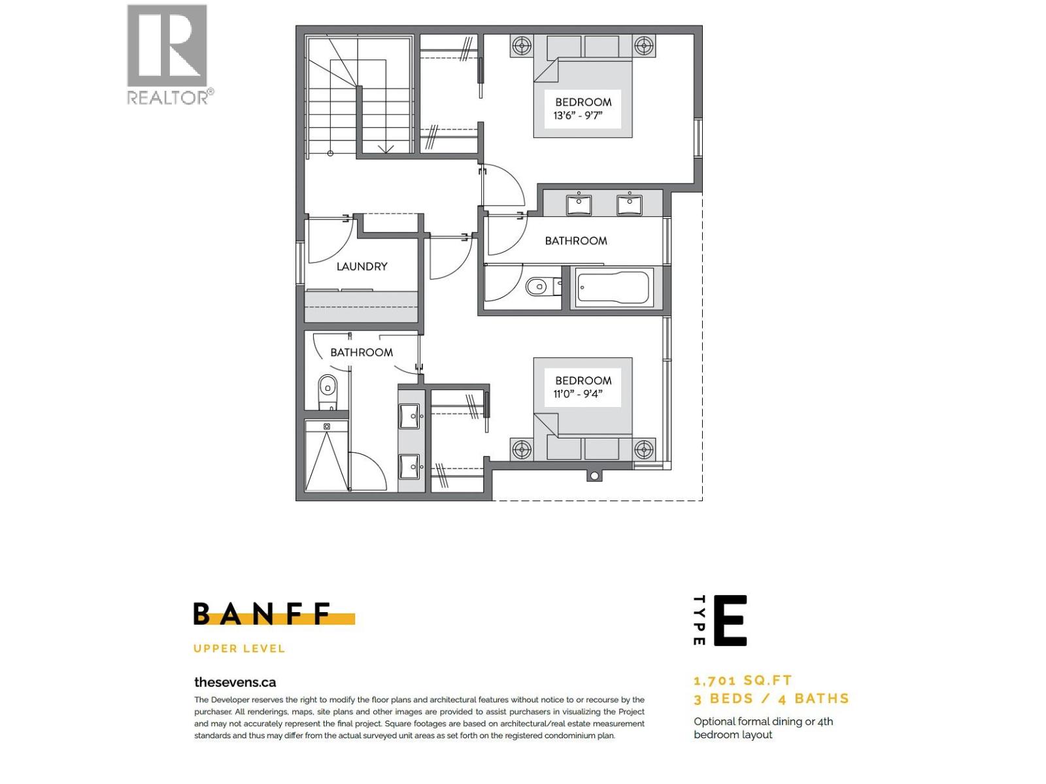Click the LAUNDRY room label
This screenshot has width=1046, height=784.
362,267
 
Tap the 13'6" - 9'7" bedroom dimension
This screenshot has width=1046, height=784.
577,116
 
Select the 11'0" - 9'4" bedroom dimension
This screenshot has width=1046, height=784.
577,394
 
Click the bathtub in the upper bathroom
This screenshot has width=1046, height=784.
613,288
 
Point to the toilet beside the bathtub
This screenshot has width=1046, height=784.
541,286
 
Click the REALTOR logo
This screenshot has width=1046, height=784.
168,54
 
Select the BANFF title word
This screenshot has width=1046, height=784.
262,614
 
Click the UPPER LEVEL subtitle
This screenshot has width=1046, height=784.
239,649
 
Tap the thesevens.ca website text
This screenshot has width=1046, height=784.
235,682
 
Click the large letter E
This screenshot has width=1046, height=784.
730,620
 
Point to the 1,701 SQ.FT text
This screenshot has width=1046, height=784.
743,681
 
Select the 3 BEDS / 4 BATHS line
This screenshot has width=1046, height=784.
771,698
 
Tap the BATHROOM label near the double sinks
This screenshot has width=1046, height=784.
576,241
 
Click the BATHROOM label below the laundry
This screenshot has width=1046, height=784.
362,353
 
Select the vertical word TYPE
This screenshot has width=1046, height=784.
699,620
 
